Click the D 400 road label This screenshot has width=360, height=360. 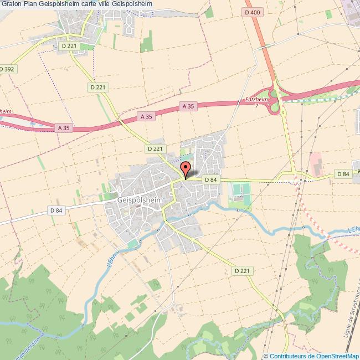click(252, 12)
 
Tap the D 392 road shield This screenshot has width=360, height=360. click(7, 69)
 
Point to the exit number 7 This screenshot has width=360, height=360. click(256, 105)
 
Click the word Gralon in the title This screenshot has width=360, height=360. click(12, 4)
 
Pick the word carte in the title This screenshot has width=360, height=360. click(91, 4)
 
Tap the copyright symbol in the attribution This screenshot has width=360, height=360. click(266, 356)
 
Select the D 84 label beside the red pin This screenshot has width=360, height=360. click(210, 179)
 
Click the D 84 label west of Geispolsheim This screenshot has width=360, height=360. click(56, 210)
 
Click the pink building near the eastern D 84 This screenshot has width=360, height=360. click(316, 163)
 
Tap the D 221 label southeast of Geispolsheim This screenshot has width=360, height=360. click(241, 271)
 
